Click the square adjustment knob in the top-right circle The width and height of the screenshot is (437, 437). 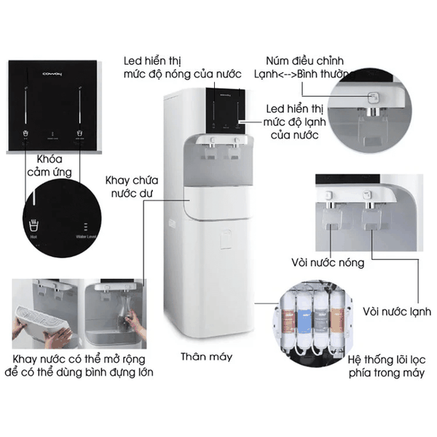pos(371,97)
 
